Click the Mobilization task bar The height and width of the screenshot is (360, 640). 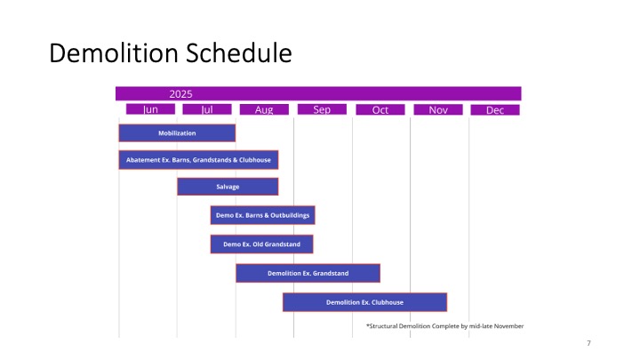[x=177, y=133]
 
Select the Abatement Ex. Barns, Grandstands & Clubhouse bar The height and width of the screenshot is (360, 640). [x=198, y=160]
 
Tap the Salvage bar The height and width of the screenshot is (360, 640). [x=228, y=187]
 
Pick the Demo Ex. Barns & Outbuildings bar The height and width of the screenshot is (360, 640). [x=262, y=215]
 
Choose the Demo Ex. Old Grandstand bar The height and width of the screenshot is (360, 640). [x=261, y=244]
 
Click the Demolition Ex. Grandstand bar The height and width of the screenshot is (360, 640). [x=308, y=273]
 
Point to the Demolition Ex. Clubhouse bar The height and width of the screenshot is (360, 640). [x=365, y=302]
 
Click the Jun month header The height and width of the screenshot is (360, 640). [x=150, y=109]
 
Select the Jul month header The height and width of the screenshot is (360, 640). [x=207, y=109]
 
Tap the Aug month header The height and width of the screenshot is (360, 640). [x=264, y=109]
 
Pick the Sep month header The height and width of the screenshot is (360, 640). [x=322, y=109]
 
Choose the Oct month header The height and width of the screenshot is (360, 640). [x=380, y=109]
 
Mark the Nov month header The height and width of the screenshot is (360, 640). [x=438, y=109]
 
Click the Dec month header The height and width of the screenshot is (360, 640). [x=495, y=109]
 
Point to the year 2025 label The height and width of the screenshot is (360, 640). [x=180, y=94]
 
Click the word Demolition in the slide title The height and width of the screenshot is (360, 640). [x=114, y=53]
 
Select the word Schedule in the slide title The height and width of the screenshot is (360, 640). [x=239, y=53]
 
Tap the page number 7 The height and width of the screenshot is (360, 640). [x=588, y=343]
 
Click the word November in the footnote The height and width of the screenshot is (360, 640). [x=508, y=326]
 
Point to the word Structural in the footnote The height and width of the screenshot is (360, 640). [x=383, y=326]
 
